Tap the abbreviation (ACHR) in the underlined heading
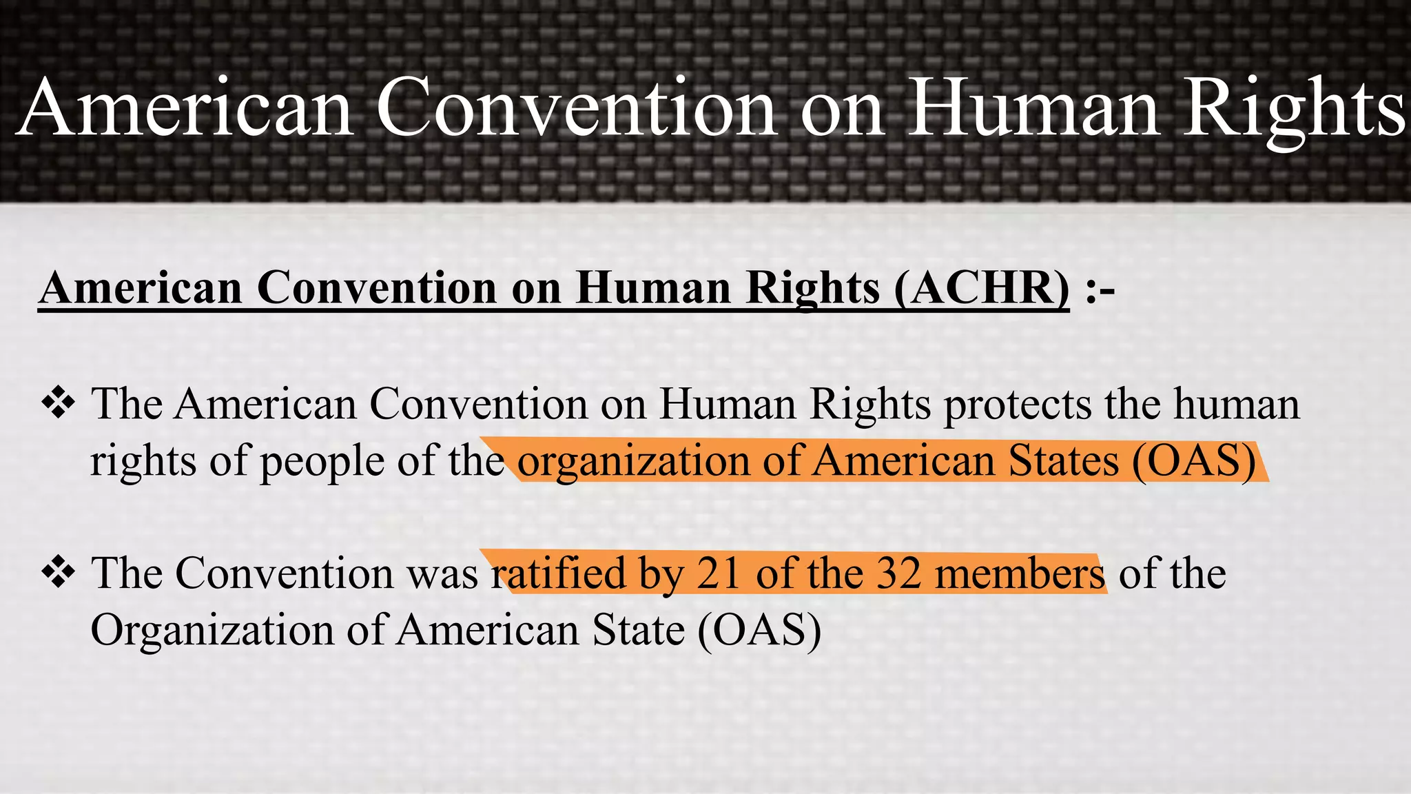[982, 287]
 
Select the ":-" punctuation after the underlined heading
[1100, 289]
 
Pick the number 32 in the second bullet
[898, 573]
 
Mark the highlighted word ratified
[558, 573]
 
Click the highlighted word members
[1020, 573]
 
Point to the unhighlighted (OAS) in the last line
[759, 630]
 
